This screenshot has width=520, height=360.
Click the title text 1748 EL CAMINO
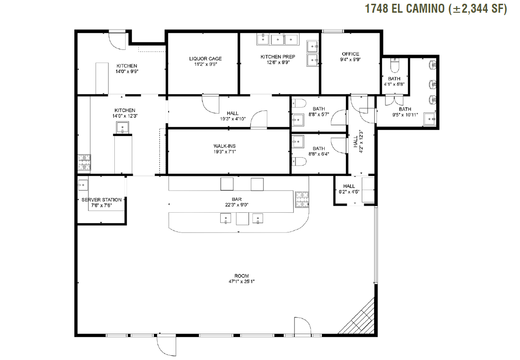(x=405, y=8)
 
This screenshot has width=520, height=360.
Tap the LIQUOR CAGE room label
(x=206, y=59)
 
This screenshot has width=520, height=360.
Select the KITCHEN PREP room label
(x=278, y=56)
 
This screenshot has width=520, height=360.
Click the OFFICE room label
(x=351, y=54)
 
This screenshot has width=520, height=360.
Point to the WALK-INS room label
(x=224, y=146)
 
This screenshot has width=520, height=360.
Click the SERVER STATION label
(x=102, y=200)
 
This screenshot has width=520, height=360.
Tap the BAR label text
(x=236, y=199)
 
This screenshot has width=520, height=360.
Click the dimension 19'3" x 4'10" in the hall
(x=233, y=119)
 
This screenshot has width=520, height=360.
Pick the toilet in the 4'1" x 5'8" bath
(x=395, y=65)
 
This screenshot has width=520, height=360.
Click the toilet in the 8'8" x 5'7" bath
(x=299, y=104)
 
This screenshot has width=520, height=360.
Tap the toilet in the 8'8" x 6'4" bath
(x=299, y=161)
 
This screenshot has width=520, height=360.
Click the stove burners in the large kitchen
(x=84, y=162)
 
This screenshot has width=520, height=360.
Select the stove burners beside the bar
(x=302, y=200)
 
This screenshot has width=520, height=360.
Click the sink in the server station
(x=83, y=185)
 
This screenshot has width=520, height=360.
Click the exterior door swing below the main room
(x=167, y=345)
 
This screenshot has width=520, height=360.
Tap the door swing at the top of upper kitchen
(x=117, y=41)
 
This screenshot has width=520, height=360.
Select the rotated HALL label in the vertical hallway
(x=356, y=141)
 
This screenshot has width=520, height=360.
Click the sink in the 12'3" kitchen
(x=122, y=127)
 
